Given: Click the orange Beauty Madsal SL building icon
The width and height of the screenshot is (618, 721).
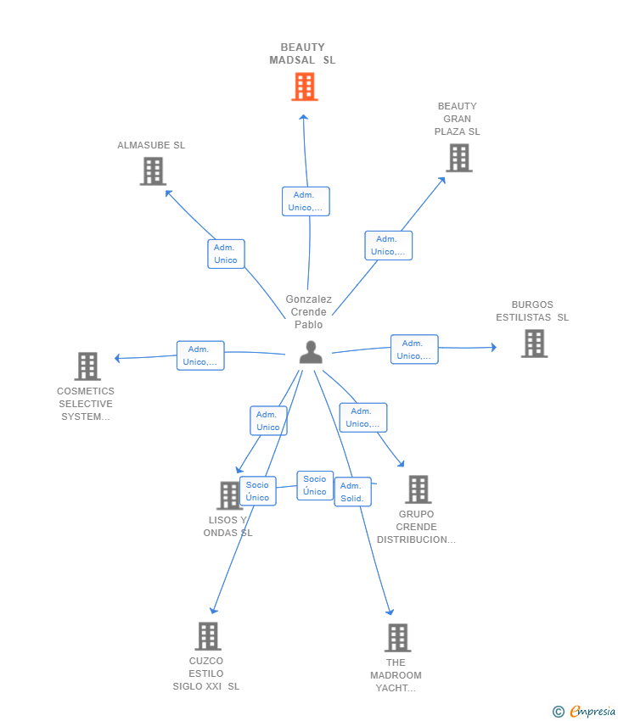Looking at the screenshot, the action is click(304, 87).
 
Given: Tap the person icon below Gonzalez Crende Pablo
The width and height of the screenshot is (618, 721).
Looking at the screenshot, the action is click(311, 352).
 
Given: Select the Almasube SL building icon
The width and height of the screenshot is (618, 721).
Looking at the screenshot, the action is click(153, 171).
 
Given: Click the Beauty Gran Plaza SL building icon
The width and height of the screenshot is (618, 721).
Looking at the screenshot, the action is click(458, 158).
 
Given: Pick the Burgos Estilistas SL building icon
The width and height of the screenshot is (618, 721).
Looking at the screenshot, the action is click(534, 344).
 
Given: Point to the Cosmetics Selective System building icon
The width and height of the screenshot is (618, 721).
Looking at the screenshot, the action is click(87, 366).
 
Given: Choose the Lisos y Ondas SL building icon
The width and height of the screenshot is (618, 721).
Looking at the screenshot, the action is click(229, 495).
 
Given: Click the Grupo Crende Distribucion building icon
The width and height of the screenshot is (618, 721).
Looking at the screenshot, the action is click(419, 489).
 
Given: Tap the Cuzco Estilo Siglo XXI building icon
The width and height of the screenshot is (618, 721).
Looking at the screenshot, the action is click(207, 636).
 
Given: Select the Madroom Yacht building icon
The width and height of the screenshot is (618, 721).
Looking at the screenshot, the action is click(397, 638).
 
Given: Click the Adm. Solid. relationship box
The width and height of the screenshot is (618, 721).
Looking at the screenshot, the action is click(352, 492).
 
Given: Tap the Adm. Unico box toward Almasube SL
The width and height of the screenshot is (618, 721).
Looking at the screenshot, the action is click(226, 254).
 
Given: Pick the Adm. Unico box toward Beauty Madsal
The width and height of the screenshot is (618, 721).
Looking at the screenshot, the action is click(306, 201).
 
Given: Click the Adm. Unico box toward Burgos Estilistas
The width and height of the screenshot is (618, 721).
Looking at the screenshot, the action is click(414, 349).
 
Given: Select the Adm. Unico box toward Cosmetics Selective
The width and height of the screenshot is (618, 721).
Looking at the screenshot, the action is click(200, 355).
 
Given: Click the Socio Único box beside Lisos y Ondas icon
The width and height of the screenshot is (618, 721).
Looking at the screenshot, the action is click(258, 491).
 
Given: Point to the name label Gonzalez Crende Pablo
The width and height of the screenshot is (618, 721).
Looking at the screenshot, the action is click(309, 312).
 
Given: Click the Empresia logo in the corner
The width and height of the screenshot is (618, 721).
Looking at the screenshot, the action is click(584, 711).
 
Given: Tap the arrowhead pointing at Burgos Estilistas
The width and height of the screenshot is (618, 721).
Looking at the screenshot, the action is click(494, 347).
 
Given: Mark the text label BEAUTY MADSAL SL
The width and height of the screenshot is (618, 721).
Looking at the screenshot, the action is click(302, 53).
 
